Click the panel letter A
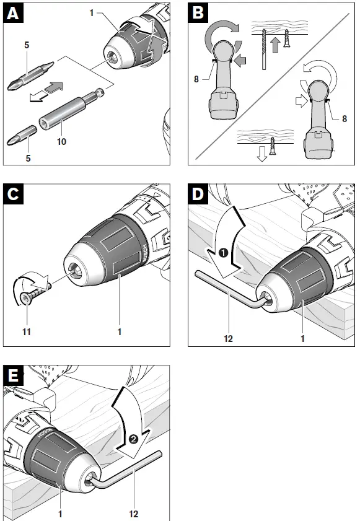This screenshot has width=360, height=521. (13, 13)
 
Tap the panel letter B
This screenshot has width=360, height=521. (198, 13)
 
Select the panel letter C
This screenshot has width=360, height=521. (13, 194)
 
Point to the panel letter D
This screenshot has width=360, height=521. (198, 194)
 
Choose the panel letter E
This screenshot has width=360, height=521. (13, 375)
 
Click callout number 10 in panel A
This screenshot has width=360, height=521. (61, 141)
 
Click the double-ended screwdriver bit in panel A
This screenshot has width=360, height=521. (30, 76)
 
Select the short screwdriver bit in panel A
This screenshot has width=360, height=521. (22, 135)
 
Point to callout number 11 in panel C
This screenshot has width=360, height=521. (26, 331)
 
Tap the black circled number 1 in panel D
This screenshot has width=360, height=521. (224, 253)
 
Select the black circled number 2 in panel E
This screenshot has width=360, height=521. (133, 439)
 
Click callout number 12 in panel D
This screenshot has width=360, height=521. (229, 339)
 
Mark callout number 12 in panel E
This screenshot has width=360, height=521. (133, 514)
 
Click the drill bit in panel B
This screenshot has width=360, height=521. (264, 49)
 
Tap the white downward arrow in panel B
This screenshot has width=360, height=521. (262, 154)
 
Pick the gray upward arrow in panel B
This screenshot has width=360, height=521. (275, 45)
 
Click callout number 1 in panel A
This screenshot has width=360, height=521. (92, 13)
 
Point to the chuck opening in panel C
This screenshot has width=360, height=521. (75, 271)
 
